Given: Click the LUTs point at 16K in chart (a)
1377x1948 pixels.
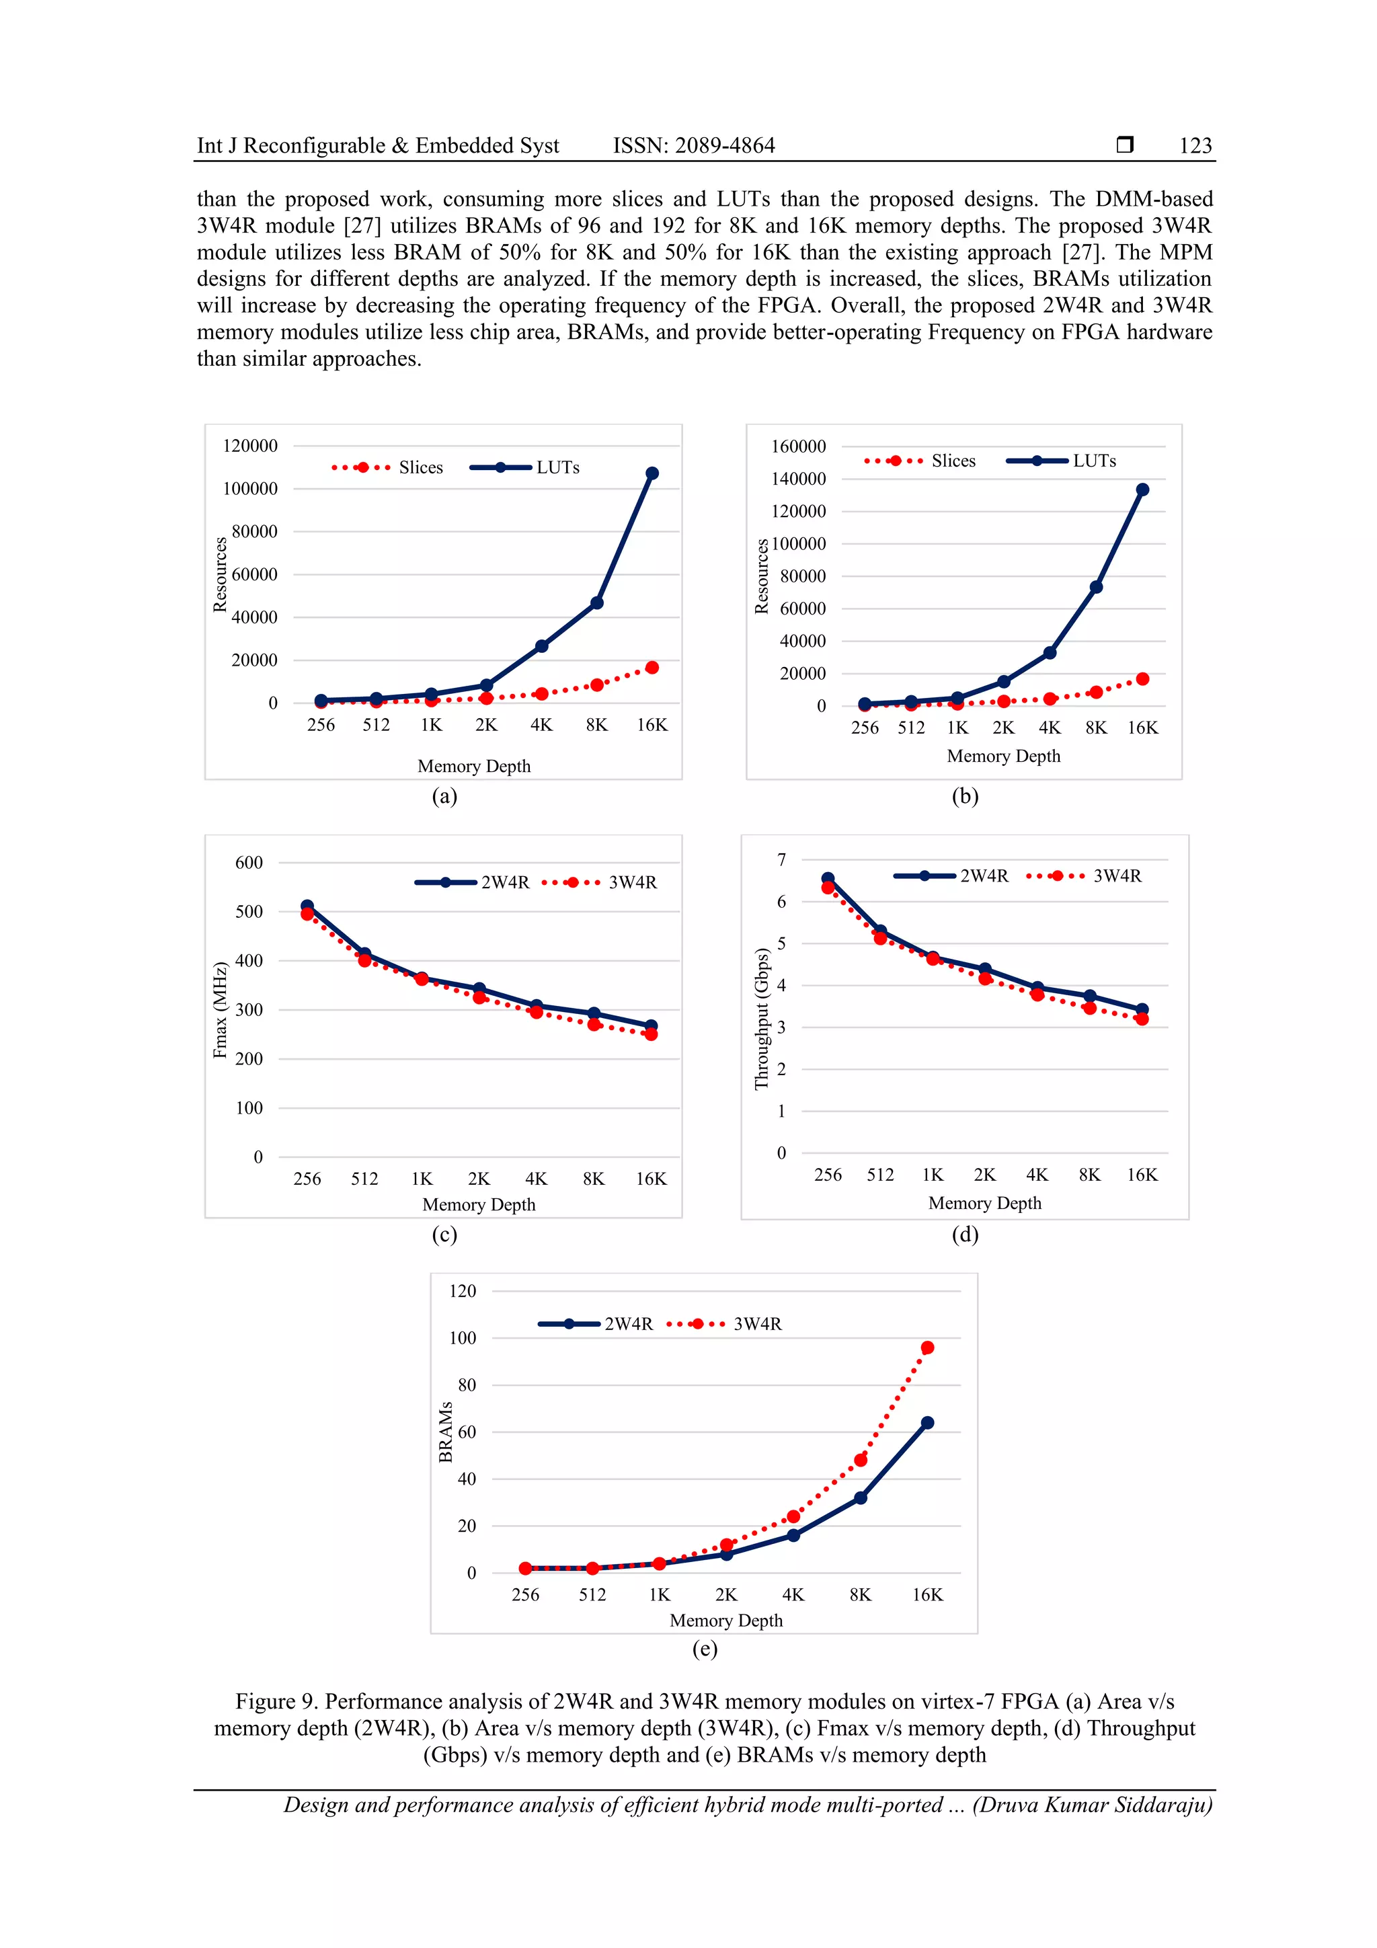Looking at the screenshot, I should (652, 473).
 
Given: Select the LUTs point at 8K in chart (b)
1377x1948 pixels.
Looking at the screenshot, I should (1096, 587).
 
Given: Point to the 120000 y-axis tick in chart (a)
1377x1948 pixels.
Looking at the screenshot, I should (250, 446).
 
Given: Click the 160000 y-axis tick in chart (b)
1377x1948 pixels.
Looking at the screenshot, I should (798, 446).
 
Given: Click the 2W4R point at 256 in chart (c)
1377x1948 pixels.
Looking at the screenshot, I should (307, 906).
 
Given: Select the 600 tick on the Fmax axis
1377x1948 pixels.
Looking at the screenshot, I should (249, 863).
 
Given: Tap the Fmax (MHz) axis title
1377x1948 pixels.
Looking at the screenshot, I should (221, 1009).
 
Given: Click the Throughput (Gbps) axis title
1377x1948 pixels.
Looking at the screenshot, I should (761, 1018).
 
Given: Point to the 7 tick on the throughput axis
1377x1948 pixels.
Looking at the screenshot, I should (781, 860).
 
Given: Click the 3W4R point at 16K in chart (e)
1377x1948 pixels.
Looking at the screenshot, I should (927, 1348).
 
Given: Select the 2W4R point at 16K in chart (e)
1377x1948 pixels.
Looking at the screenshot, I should (927, 1423).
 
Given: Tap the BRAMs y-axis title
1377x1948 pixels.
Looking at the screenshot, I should (445, 1432).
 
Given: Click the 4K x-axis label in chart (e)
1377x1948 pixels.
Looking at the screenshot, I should (793, 1595).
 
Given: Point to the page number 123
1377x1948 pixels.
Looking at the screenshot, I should (1195, 146).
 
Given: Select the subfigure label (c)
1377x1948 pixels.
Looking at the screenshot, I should (444, 1235).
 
